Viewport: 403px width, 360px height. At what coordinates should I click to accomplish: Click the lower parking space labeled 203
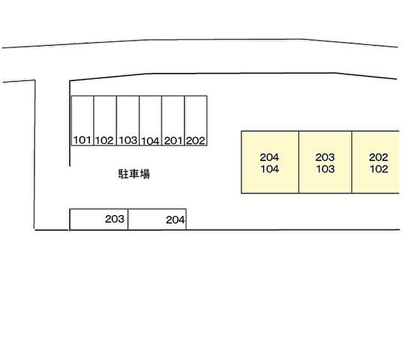click(99, 219)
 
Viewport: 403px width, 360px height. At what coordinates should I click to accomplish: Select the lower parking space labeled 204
click(157, 219)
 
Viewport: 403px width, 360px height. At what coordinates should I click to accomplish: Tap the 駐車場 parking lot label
click(134, 174)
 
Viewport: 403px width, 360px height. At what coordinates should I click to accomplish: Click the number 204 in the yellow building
click(269, 157)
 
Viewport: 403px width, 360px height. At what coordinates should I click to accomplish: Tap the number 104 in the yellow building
click(269, 169)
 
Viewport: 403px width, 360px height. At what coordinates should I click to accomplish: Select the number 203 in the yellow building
click(325, 157)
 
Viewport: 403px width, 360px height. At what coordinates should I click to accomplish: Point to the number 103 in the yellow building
click(325, 169)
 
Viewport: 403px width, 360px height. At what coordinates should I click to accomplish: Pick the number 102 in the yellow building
click(379, 169)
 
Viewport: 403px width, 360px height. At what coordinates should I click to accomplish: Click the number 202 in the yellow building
click(379, 157)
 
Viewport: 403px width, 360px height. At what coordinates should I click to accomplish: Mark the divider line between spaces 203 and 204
click(128, 219)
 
